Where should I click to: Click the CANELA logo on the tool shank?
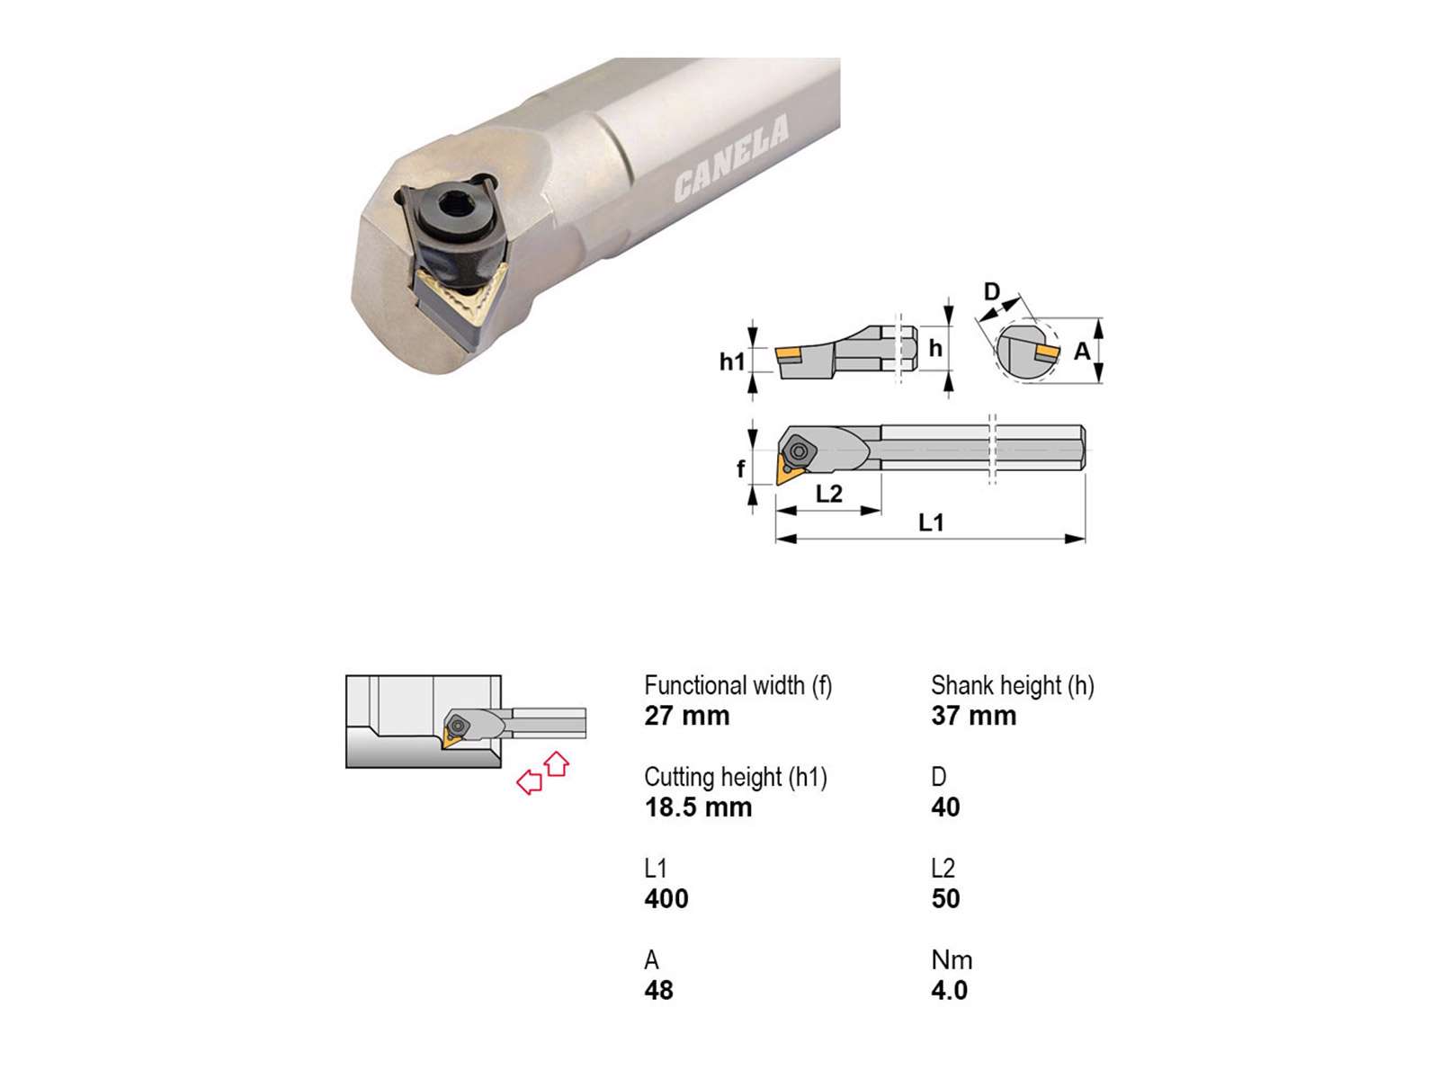tap(730, 158)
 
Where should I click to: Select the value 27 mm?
tap(686, 716)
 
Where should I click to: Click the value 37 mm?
tap(973, 716)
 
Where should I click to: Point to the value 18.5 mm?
tap(698, 807)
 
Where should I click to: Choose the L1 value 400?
tap(666, 898)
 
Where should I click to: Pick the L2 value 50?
tap(945, 898)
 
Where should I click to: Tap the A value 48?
tap(658, 990)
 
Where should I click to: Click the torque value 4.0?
tap(949, 990)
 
